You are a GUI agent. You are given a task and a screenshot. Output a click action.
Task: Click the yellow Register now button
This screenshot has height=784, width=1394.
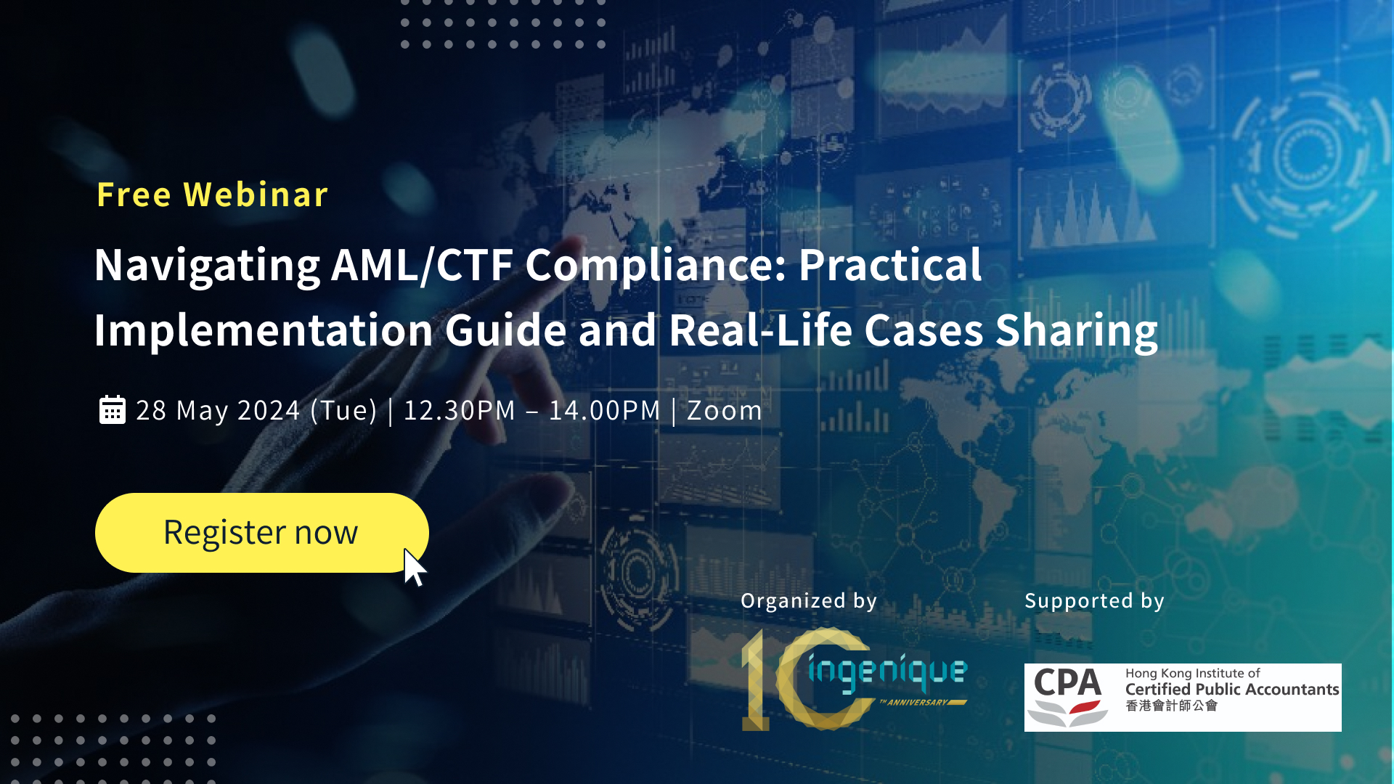(261, 532)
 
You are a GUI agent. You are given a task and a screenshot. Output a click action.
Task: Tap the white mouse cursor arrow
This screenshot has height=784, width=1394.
(414, 567)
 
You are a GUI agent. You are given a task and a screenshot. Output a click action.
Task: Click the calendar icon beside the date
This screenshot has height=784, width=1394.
(113, 410)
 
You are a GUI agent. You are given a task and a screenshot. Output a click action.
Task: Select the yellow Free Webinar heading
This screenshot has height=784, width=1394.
(212, 195)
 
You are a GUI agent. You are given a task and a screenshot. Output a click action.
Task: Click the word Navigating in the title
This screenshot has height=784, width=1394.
(207, 266)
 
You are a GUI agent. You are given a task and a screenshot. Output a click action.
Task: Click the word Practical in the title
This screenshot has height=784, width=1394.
(890, 265)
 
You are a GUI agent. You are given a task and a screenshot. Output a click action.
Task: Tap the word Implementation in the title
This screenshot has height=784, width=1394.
(264, 330)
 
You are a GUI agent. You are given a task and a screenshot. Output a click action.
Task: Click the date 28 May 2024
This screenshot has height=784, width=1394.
(218, 411)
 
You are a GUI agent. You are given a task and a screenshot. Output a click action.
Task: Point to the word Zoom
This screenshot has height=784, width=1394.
(724, 411)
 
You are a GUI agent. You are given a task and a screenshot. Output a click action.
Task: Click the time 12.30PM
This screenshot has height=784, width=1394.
(459, 411)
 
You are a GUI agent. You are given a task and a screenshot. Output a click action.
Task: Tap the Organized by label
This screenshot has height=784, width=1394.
(809, 601)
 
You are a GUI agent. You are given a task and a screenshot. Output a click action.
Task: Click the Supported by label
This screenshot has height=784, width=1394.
(1094, 601)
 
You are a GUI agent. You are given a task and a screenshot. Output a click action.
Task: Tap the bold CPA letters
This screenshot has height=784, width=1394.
(1067, 683)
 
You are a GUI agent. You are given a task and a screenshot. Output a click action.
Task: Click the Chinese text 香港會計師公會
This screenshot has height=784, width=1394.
(1171, 706)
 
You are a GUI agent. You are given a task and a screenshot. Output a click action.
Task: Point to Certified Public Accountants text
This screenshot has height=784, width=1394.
(1231, 689)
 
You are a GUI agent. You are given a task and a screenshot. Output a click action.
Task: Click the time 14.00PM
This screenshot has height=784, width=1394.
(604, 411)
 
